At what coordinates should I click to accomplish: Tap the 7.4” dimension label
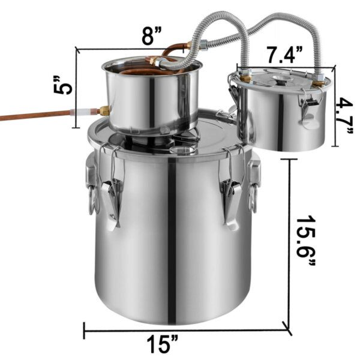[284, 55]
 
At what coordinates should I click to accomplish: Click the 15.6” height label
[306, 241]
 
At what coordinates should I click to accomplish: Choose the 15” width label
[163, 344]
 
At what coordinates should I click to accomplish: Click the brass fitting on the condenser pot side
[104, 110]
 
